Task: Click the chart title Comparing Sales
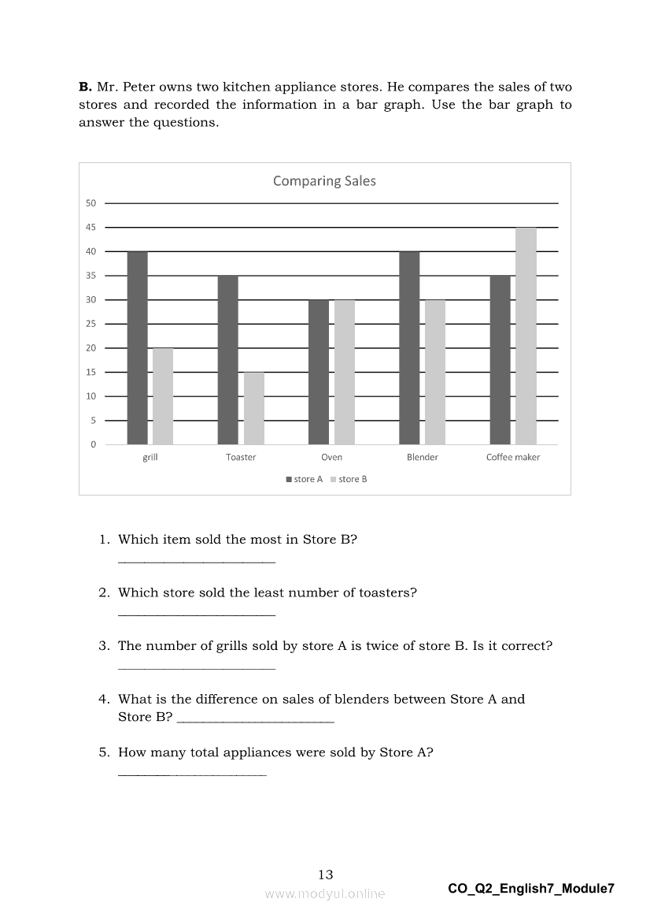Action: click(324, 181)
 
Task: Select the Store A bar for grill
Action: click(137, 348)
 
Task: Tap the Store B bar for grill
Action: click(163, 396)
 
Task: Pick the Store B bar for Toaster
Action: click(254, 408)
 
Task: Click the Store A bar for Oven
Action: click(319, 372)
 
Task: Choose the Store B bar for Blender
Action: click(435, 372)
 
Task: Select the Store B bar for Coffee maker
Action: click(526, 336)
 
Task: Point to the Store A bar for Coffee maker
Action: click(500, 360)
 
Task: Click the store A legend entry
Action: click(305, 479)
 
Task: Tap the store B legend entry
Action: click(349, 479)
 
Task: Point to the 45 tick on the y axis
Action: click(91, 228)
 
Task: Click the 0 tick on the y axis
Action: click(93, 444)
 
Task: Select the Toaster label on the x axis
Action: click(241, 457)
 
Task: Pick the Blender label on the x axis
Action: click(423, 457)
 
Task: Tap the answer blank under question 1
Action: click(196, 562)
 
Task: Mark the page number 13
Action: click(326, 875)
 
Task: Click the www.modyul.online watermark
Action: click(325, 893)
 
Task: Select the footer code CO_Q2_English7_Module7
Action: click(531, 889)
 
